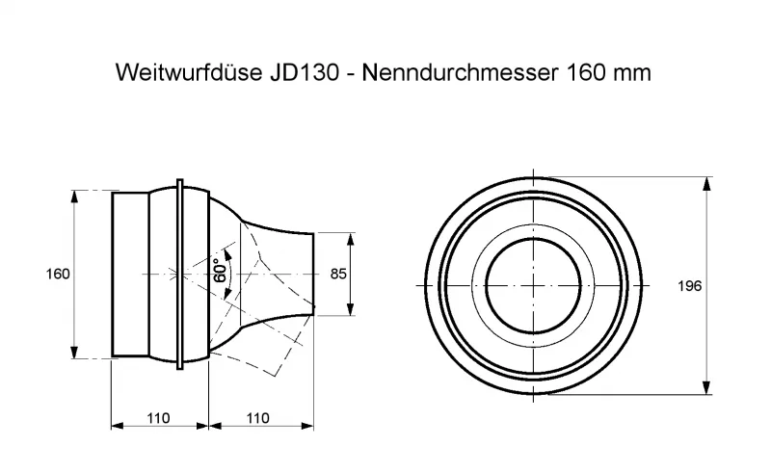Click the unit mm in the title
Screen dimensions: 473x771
(x=633, y=73)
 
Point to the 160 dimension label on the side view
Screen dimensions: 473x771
(x=58, y=275)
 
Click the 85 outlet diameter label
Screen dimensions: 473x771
(x=338, y=275)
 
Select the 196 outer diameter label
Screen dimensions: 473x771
(x=690, y=286)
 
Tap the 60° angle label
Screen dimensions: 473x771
(x=222, y=271)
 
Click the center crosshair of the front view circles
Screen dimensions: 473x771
(x=533, y=285)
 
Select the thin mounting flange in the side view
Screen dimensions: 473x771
(x=180, y=275)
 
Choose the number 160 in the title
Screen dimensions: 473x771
(x=583, y=73)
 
